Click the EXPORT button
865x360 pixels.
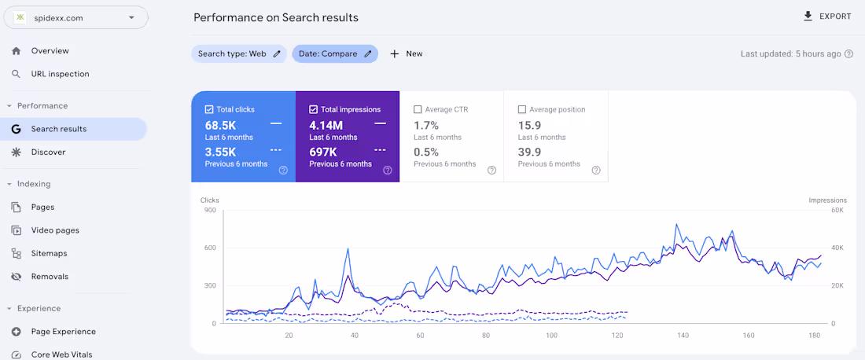(827, 17)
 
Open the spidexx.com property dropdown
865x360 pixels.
(75, 17)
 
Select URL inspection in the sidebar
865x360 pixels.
(60, 74)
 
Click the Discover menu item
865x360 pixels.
(48, 152)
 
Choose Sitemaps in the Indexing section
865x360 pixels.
(49, 253)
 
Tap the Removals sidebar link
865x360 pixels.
(50, 277)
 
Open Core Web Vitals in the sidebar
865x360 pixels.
(61, 354)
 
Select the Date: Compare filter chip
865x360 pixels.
(335, 53)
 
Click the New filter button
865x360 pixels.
(406, 53)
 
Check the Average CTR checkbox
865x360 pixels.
(418, 110)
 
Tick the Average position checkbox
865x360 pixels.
(522, 110)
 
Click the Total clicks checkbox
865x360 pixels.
(209, 110)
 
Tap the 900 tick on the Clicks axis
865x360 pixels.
(210, 210)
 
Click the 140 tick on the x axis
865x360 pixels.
(683, 336)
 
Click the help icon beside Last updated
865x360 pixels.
(848, 54)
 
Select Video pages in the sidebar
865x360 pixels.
(55, 230)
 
